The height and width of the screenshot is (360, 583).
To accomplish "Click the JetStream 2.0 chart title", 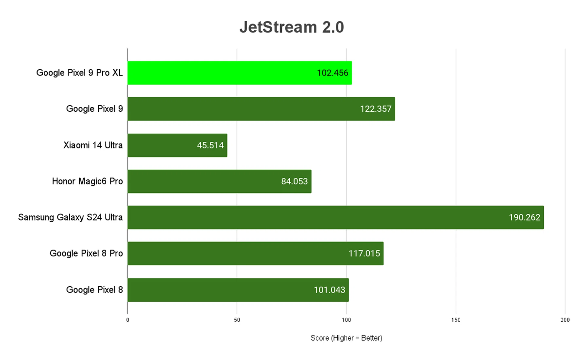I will coord(291,27).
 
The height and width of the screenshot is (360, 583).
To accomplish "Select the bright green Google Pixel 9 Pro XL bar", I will coord(222,73).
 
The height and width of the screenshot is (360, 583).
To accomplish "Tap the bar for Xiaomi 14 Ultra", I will coord(161,145).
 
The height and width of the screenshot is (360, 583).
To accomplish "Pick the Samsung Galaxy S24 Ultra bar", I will coord(304,217).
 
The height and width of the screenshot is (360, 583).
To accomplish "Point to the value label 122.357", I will coord(376,109).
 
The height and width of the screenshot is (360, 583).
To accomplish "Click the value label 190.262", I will coord(524,217).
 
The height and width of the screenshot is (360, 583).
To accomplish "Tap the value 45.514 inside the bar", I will coord(210,145).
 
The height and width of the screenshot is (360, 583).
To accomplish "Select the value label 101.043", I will coord(329,290).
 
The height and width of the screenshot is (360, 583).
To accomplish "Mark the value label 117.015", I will coord(364,253).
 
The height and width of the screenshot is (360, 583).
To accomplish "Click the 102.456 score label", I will coord(332,73).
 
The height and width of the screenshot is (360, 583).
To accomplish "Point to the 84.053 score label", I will coord(294,182).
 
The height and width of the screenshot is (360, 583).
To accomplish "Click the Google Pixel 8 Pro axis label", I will coord(86,253).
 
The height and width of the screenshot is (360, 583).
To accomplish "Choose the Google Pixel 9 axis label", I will coord(94,109).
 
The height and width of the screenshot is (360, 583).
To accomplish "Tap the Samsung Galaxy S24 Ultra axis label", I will coord(70,217).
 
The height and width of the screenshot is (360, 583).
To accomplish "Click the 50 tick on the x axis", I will coord(237,320).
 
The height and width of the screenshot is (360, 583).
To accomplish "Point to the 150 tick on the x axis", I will coord(456,320).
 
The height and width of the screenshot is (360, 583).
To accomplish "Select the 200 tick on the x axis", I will coord(565,320).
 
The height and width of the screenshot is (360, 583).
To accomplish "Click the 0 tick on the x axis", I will coord(128,320).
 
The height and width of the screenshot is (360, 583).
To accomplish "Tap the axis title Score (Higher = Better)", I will coord(346,338).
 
